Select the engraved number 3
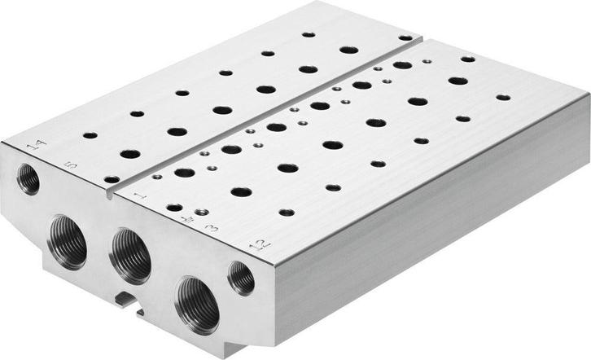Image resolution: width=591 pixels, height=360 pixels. point(212,227)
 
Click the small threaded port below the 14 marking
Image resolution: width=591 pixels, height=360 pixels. point(28,178)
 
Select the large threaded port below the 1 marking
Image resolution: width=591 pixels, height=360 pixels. point(130,255)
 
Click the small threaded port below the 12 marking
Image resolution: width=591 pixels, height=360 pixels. point(241,278)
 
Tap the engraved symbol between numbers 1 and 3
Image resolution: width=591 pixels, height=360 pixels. point(190,217)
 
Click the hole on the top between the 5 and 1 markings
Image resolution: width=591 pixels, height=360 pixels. point(112,179)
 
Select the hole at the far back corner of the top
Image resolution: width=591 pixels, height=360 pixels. point(405,37)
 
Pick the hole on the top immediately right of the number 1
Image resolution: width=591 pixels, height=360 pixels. point(173,207)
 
